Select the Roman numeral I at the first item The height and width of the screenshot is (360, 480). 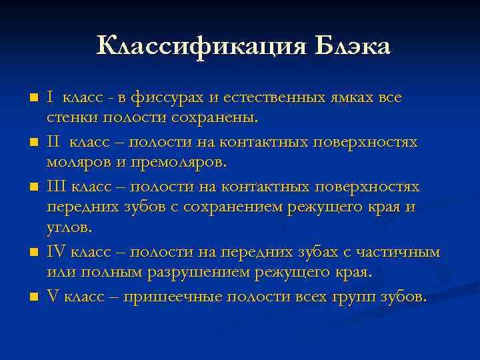pyautogui.click(x=49, y=97)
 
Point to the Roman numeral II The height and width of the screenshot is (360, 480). pyautogui.click(x=53, y=142)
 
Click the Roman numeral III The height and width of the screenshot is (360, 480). pyautogui.click(x=56, y=186)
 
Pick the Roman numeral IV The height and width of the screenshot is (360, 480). pyautogui.click(x=56, y=251)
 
